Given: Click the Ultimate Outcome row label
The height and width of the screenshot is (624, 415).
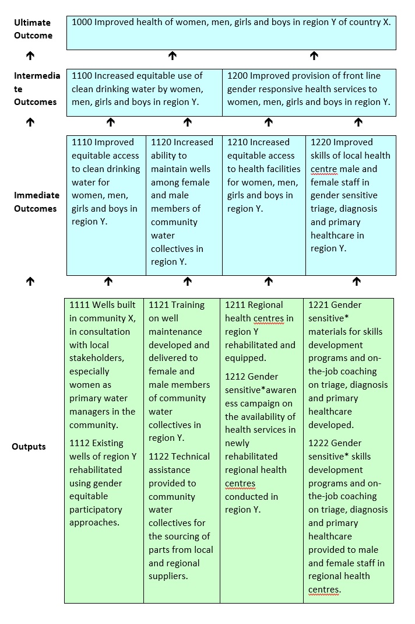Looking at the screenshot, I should (x=33, y=29).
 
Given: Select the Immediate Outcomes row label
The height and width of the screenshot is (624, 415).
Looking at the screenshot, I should (x=37, y=202).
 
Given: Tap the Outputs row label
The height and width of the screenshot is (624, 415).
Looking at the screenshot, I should (x=29, y=447).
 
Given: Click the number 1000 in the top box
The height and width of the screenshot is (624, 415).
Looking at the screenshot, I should (x=82, y=22).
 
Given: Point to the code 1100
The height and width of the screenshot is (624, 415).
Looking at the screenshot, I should (x=82, y=75).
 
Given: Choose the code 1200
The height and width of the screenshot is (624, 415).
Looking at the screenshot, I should (x=237, y=75).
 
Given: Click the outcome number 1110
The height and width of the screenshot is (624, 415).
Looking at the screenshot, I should (x=82, y=142).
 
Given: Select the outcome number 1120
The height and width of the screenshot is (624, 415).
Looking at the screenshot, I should (x=161, y=142).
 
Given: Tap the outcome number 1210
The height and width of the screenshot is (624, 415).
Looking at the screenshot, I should (x=237, y=142).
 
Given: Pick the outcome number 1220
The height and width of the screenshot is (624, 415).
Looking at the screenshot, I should (x=321, y=142).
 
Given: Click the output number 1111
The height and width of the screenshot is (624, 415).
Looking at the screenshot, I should (x=79, y=305).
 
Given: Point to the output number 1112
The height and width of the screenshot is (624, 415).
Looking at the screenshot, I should (x=79, y=443).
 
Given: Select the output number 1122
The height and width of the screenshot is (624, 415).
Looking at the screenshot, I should (x=159, y=457).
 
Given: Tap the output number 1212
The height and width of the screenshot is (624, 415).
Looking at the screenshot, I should (x=235, y=377).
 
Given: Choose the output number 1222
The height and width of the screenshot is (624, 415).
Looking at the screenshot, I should (x=318, y=443).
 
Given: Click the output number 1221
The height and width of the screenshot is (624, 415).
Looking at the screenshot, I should (x=318, y=305).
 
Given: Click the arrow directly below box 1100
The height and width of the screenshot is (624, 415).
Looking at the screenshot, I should (x=110, y=122).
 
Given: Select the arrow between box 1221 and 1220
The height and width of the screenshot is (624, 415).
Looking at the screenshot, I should (x=357, y=282).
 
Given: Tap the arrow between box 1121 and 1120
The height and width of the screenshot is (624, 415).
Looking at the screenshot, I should (x=187, y=282).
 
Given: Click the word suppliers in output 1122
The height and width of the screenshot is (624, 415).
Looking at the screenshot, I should (x=168, y=577).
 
